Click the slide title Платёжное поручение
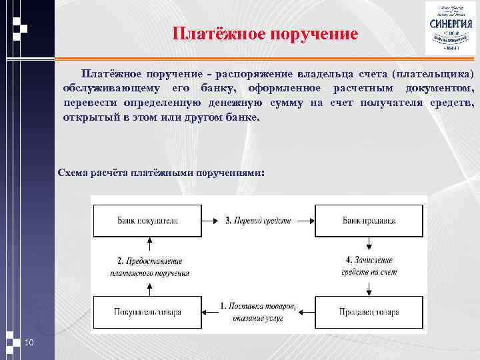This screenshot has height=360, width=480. [265, 33]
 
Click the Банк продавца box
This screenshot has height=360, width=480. [369, 220]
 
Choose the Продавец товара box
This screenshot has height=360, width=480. [369, 312]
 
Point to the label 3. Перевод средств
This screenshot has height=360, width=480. [257, 220]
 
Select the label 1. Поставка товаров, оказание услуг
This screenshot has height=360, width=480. [258, 313]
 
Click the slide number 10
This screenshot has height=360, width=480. [29, 343]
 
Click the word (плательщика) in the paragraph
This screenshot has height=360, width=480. [433, 73]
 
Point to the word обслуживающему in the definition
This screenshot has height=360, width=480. [109, 88]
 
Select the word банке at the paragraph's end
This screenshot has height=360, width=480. [238, 117]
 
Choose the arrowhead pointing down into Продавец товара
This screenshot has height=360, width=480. [369, 292]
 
